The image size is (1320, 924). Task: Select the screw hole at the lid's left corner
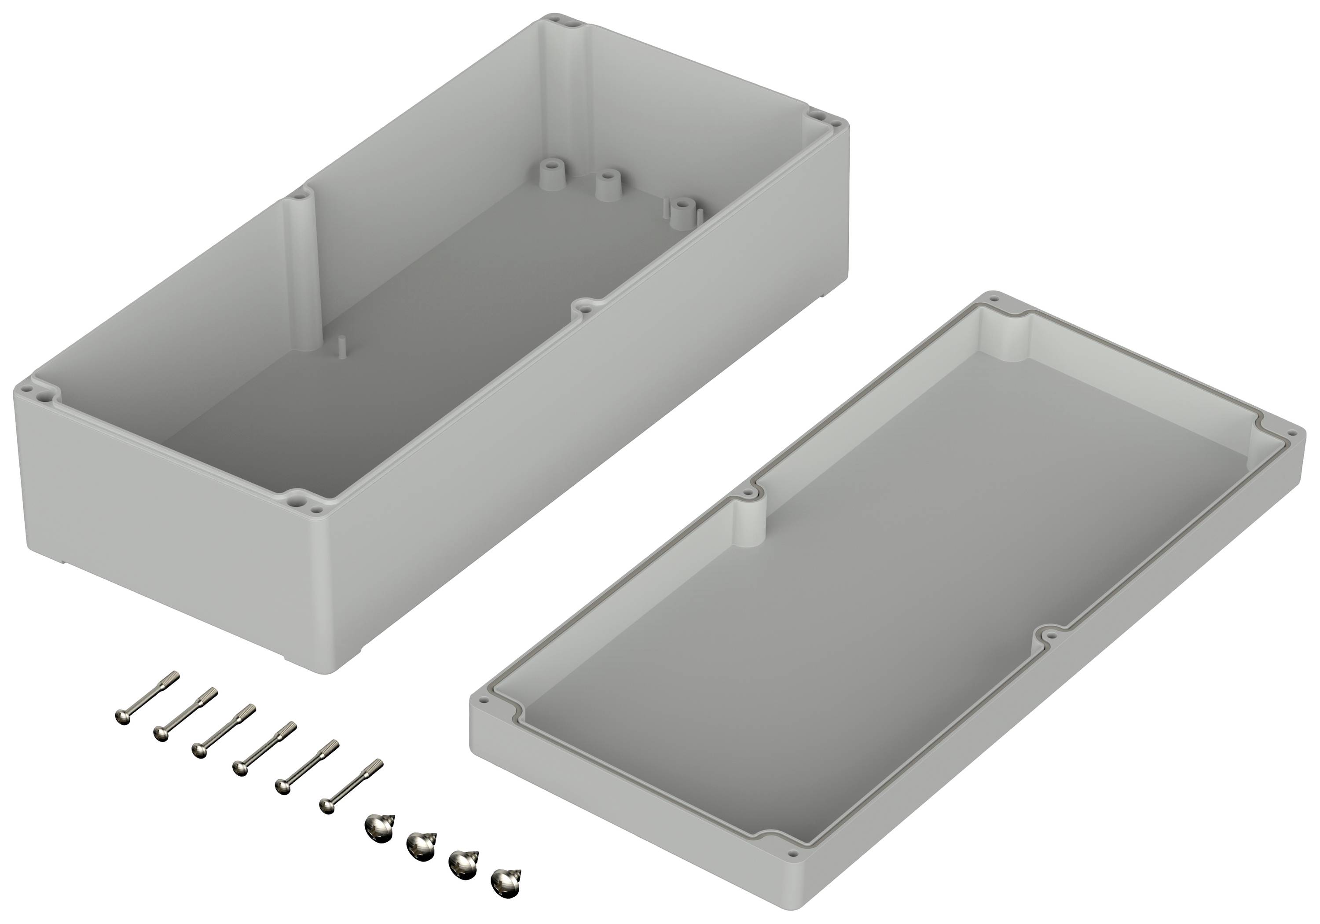click(484, 701)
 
